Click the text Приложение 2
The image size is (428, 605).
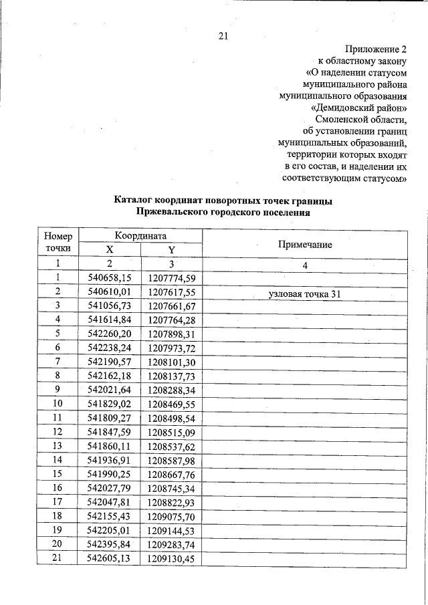376,49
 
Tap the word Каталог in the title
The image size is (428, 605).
133,201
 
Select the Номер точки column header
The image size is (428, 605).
58,241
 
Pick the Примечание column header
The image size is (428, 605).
305,245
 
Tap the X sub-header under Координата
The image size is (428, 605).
110,250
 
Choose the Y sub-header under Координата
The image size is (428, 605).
171,250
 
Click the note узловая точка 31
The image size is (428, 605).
304,293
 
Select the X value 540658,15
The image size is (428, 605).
110,278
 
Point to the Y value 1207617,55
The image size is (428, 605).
171,292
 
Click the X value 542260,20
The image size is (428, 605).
110,334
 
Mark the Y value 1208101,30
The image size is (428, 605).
171,362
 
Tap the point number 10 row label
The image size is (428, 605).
58,404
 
